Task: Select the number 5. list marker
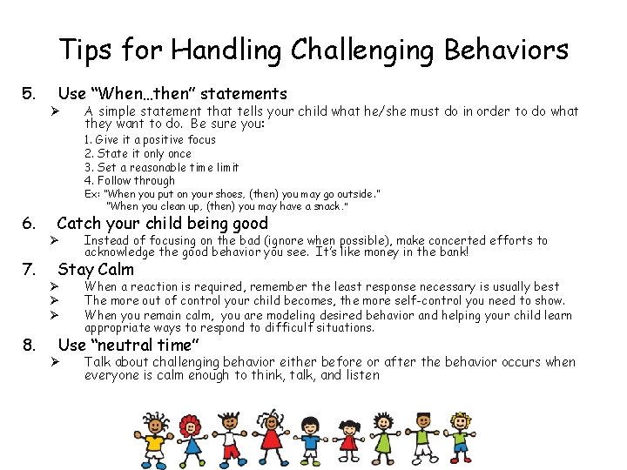point(29,93)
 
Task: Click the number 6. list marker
point(29,224)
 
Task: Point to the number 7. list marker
point(29,269)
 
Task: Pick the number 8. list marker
point(29,346)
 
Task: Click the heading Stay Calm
point(96,269)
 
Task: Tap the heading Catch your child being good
point(162,225)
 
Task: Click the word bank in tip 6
point(452,252)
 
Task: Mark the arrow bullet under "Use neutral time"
point(53,362)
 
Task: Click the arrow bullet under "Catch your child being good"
point(53,240)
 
